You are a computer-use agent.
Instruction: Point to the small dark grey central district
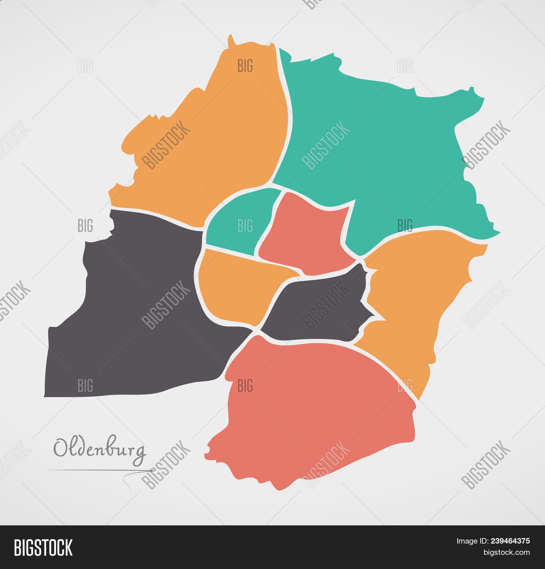(x=320, y=309)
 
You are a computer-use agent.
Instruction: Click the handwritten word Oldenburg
(x=100, y=449)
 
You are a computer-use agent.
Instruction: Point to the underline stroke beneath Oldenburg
(x=98, y=470)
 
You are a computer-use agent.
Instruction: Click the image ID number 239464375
(x=510, y=541)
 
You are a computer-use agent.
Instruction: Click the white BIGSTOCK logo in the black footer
(x=43, y=548)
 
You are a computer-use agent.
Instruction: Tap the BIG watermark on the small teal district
(x=245, y=226)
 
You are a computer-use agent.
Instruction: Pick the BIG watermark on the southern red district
(x=245, y=386)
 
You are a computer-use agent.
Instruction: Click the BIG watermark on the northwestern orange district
(x=245, y=66)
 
